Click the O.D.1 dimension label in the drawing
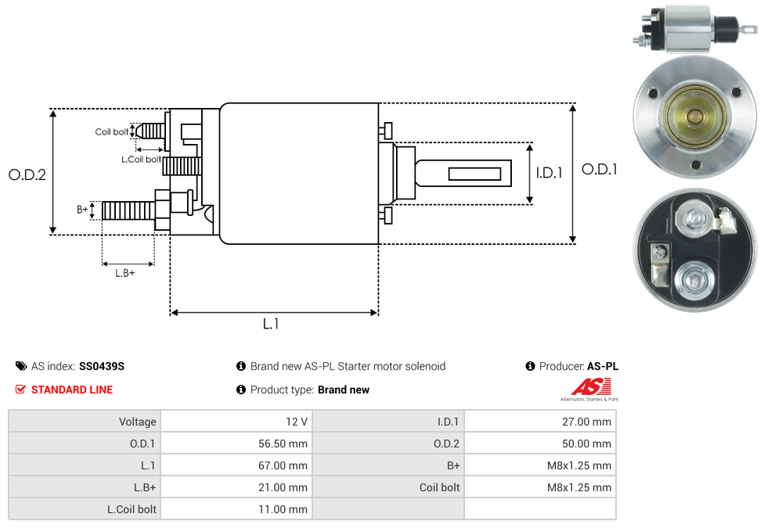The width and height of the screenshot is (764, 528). click(600, 169)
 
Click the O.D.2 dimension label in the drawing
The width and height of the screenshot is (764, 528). click(27, 175)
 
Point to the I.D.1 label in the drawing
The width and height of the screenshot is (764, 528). click(549, 173)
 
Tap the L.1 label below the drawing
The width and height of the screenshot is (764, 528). click(271, 324)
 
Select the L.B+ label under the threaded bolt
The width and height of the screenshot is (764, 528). click(125, 273)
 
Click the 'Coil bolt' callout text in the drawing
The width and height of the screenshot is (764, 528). click(112, 132)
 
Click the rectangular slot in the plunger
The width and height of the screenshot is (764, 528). click(475, 173)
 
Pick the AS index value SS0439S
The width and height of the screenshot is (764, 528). click(102, 366)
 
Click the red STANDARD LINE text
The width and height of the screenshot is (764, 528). click(72, 390)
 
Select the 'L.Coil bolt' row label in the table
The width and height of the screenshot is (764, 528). click(132, 509)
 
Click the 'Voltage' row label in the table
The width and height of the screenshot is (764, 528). click(138, 422)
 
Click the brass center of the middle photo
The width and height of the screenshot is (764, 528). click(694, 117)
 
